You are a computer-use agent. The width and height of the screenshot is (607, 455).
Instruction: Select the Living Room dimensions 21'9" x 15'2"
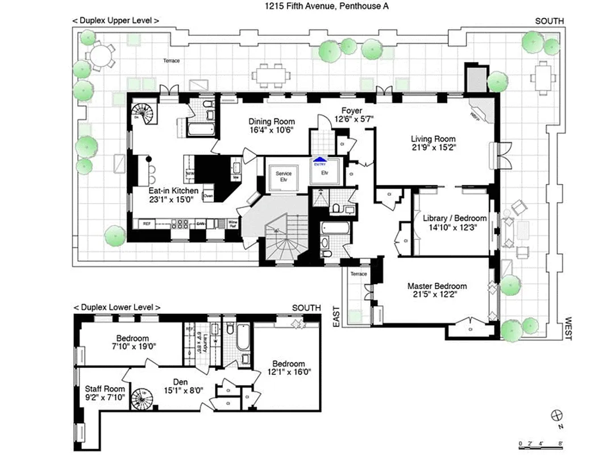(x=433, y=147)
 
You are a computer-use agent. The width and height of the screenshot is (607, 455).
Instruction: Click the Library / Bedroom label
(x=455, y=218)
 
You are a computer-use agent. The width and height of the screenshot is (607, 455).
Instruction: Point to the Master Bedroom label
(x=437, y=286)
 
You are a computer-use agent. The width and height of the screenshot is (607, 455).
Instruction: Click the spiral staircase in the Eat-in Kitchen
(x=142, y=114)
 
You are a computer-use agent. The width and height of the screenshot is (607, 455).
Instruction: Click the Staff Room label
(x=101, y=389)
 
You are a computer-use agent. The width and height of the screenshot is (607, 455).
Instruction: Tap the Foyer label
(x=352, y=110)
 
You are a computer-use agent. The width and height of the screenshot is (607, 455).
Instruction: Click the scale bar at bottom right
(x=540, y=443)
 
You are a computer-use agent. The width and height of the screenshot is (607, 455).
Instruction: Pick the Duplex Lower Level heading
(x=116, y=307)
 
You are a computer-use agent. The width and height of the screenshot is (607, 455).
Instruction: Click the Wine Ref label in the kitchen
(x=232, y=223)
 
